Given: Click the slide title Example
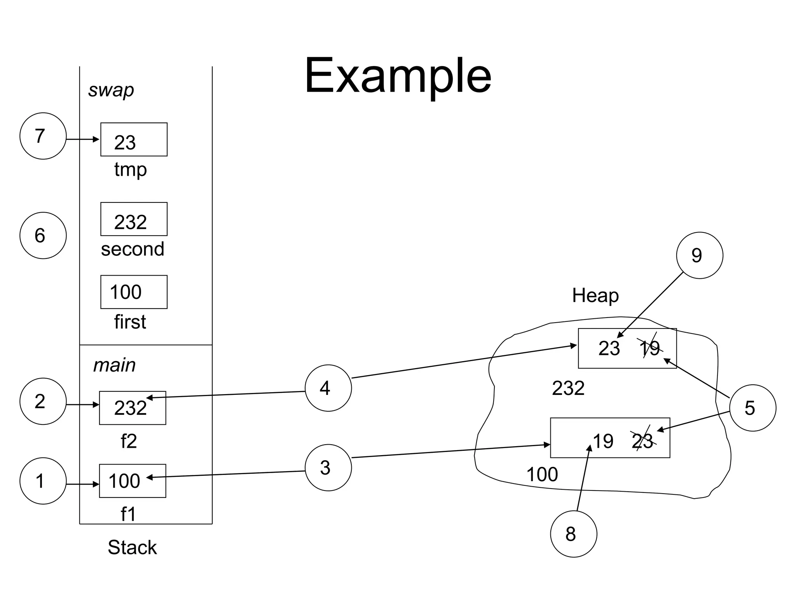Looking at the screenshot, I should [398, 76].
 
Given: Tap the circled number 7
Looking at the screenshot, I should [43, 136].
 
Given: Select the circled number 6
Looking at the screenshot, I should [43, 236].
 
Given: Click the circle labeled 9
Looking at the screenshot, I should [699, 255].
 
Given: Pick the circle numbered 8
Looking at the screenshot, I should [573, 534].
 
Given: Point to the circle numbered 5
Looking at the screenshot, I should [752, 408].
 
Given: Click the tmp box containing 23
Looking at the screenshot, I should [134, 140].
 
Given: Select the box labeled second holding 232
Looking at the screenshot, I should [134, 219].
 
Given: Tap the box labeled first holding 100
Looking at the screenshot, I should [134, 292].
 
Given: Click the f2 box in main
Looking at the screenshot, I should [133, 408].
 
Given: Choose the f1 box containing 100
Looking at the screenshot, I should [133, 481].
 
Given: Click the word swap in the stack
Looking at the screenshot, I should [111, 90].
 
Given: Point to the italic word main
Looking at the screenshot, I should [114, 365].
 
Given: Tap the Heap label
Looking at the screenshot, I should [595, 296].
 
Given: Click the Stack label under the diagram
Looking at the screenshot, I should [132, 547].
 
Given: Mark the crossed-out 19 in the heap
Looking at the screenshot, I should [650, 348].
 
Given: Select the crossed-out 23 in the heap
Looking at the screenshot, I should [642, 441].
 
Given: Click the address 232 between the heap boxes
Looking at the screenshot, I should [568, 388].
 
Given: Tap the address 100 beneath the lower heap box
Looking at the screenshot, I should [542, 475].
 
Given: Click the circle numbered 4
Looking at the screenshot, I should [328, 388].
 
